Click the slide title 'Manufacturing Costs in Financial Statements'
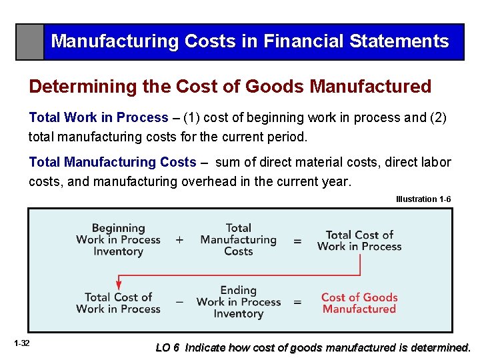pyautogui.click(x=250, y=41)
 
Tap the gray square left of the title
pyautogui.click(x=30, y=42)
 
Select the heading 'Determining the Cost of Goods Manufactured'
pyautogui.click(x=230, y=87)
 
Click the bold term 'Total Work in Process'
pyautogui.click(x=99, y=118)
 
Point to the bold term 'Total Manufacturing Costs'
pyautogui.click(x=113, y=162)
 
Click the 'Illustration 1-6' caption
pyautogui.click(x=423, y=199)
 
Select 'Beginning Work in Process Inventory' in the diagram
pyautogui.click(x=118, y=240)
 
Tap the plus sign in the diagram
pyautogui.click(x=179, y=240)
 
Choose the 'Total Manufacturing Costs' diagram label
pyautogui.click(x=238, y=240)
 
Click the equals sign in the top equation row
pyautogui.click(x=297, y=240)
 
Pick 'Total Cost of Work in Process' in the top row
pyautogui.click(x=359, y=241)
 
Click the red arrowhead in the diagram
pyautogui.click(x=119, y=284)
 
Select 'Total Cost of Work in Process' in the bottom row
pyautogui.click(x=118, y=303)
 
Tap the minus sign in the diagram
pyautogui.click(x=179, y=302)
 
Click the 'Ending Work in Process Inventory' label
pyautogui.click(x=238, y=302)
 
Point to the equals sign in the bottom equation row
pyautogui.click(x=297, y=302)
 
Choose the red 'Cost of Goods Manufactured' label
pyautogui.click(x=359, y=303)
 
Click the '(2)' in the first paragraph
pyautogui.click(x=437, y=118)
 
